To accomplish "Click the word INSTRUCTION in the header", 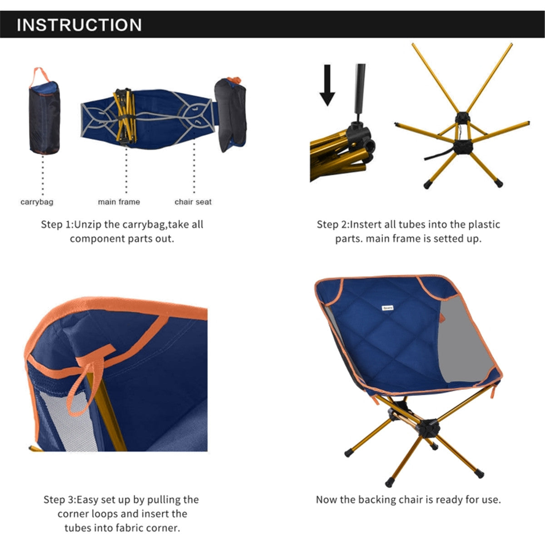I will click(x=79, y=25).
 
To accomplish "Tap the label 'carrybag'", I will click(x=37, y=202).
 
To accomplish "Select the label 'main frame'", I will click(x=119, y=202).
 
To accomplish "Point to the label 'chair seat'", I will click(x=193, y=202).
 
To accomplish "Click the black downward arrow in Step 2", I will click(x=327, y=86).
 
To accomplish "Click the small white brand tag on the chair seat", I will click(x=387, y=307).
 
